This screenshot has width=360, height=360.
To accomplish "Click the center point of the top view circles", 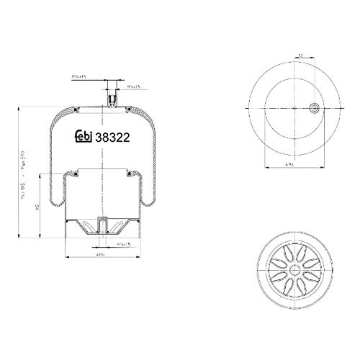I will coord(295,109).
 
